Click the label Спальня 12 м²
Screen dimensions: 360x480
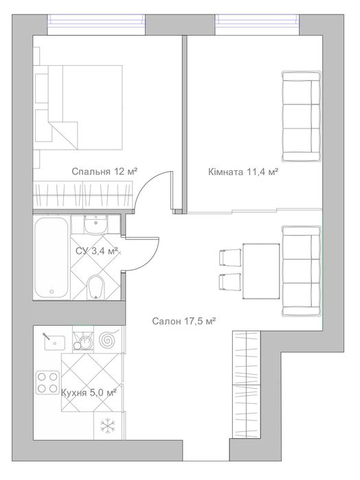tap(104, 172)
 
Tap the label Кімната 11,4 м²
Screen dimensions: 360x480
tap(243, 172)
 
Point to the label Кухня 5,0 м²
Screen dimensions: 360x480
tap(89, 392)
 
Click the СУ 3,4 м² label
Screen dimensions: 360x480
tap(97, 251)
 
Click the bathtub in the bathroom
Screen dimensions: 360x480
tap(51, 257)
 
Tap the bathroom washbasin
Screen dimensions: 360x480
tap(96, 225)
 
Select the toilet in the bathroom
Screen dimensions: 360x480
tap(96, 288)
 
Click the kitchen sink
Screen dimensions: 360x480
tap(54, 342)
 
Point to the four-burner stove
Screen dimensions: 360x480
tap(48, 382)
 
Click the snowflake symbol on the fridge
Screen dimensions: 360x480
tap(108, 426)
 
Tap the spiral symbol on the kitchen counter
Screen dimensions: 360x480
tap(108, 339)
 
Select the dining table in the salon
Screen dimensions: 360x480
tap(261, 271)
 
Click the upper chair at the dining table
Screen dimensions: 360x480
tap(230, 257)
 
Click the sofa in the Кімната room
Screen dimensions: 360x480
tap(301, 116)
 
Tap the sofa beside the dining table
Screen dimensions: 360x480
tap(301, 271)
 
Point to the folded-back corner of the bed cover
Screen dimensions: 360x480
tap(63, 135)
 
